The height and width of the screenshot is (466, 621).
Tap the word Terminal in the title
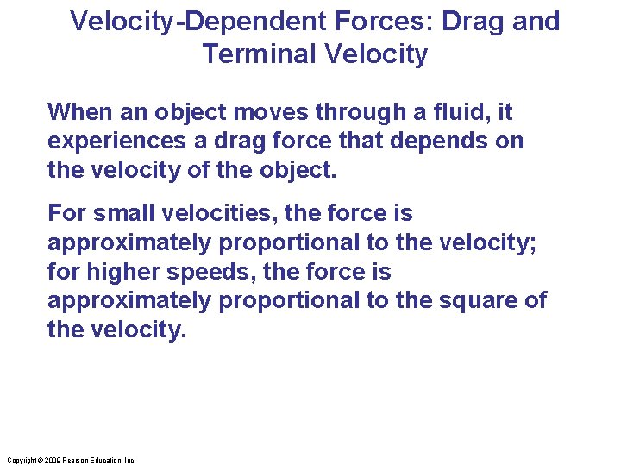pos(260,54)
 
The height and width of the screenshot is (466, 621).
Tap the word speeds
pos(216,272)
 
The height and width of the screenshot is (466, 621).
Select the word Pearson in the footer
pos(70,461)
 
